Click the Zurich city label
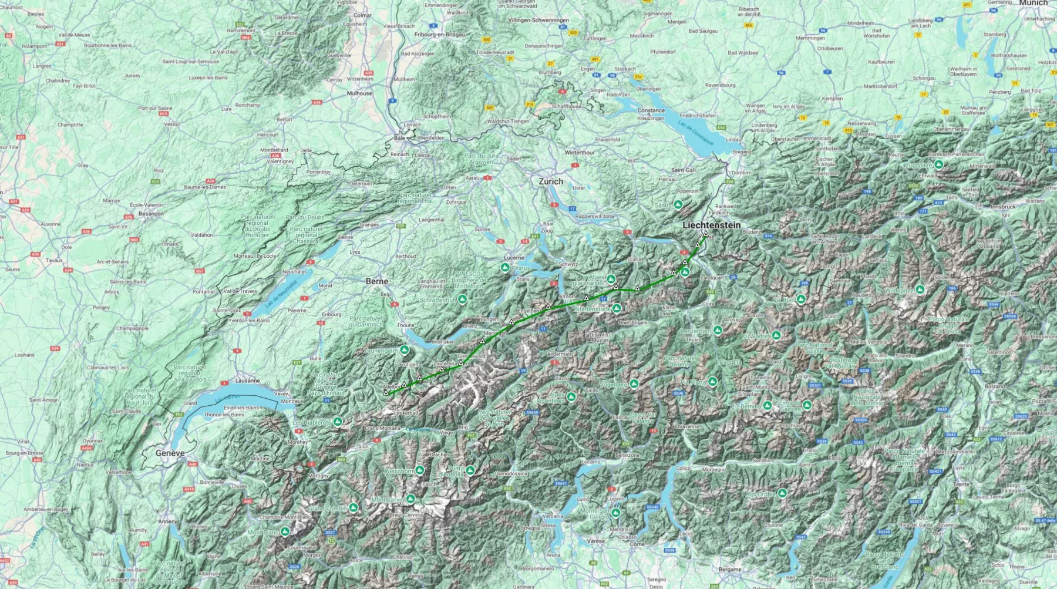tap(551, 181)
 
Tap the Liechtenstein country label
tap(711, 225)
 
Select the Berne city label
tap(376, 281)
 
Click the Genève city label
tap(170, 453)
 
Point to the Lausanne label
tap(247, 381)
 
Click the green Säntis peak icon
tap(678, 205)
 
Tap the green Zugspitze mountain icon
tap(938, 165)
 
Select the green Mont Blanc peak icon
tap(285, 532)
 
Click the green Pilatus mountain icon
tap(505, 268)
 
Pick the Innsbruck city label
tap(1003, 207)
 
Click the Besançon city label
tap(151, 214)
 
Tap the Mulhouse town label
tap(359, 93)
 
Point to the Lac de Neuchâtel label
tap(281, 294)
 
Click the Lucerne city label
tap(514, 258)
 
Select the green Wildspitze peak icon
tap(920, 290)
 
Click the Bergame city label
tap(730, 569)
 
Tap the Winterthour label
tap(580, 153)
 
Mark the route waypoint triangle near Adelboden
tap(386, 392)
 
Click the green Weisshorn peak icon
tap(419, 470)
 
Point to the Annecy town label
tap(167, 521)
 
